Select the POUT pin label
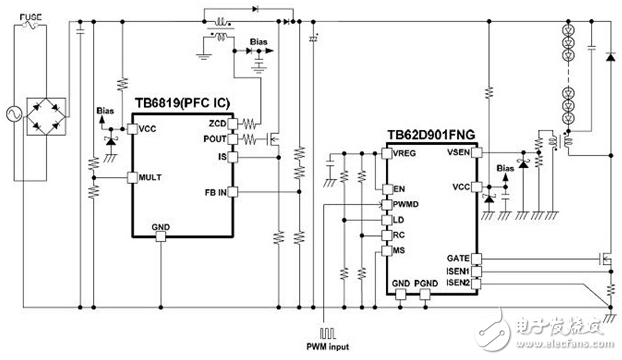point(215,141)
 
